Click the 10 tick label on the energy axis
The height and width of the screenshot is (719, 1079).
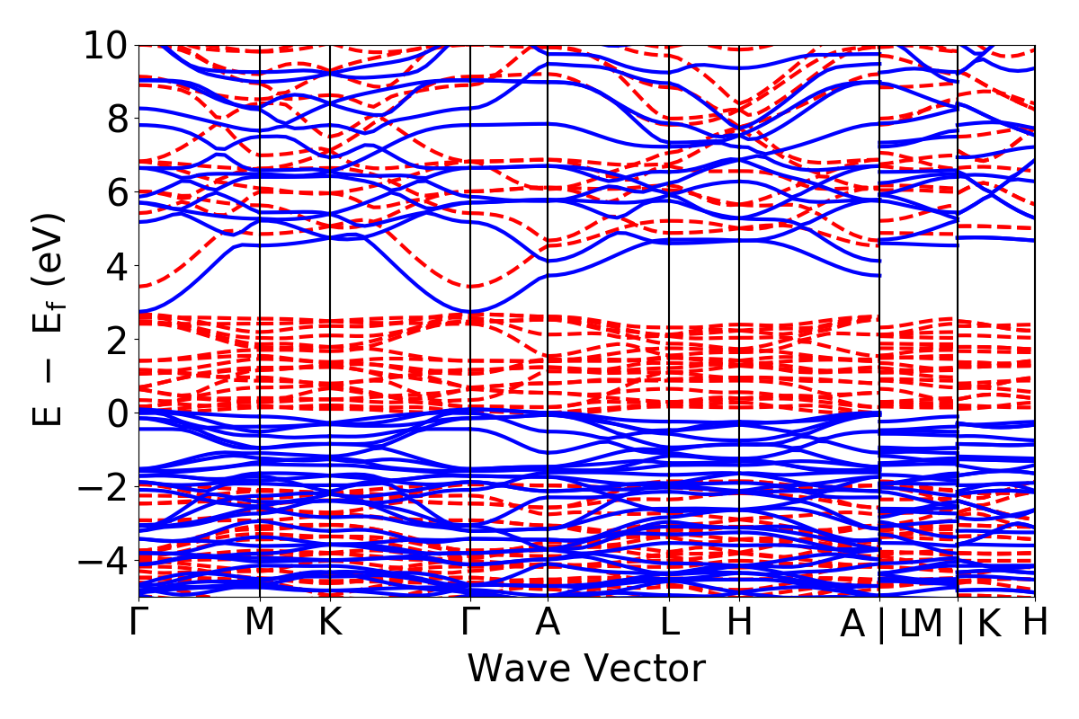(107, 45)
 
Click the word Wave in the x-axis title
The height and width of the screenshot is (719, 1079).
(516, 670)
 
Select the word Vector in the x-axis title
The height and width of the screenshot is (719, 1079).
(639, 670)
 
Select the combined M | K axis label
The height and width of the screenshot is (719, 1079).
(957, 623)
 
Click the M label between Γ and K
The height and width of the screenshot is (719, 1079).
(259, 623)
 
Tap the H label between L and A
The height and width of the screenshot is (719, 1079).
(739, 623)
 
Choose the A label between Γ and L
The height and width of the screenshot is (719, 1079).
(548, 623)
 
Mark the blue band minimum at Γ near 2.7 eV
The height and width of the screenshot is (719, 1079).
(470, 311)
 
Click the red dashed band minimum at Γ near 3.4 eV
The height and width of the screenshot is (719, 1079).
(470, 286)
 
